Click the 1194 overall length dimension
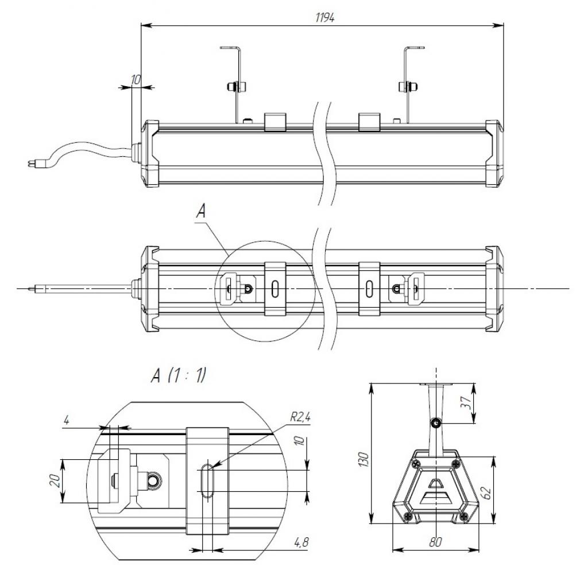click(x=325, y=18)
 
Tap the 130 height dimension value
click(x=364, y=459)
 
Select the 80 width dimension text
click(x=435, y=542)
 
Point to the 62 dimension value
click(x=487, y=492)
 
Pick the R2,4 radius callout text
click(x=300, y=417)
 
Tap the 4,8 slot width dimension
click(x=301, y=542)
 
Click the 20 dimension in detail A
click(x=55, y=481)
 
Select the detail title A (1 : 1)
click(x=178, y=376)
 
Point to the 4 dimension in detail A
click(x=67, y=421)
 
